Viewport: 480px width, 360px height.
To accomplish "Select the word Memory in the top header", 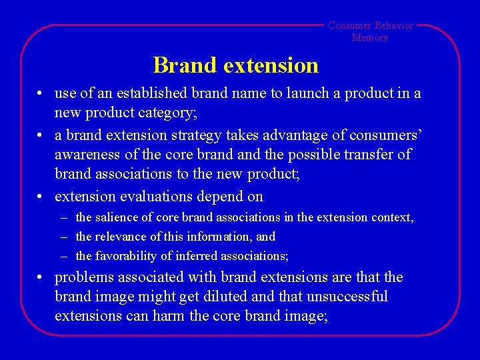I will tap(370, 37).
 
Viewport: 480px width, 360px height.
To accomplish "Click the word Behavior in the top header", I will tap(393, 25).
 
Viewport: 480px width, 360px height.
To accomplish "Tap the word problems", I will tap(83, 277).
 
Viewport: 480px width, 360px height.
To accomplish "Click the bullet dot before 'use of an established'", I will tap(41, 94).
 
